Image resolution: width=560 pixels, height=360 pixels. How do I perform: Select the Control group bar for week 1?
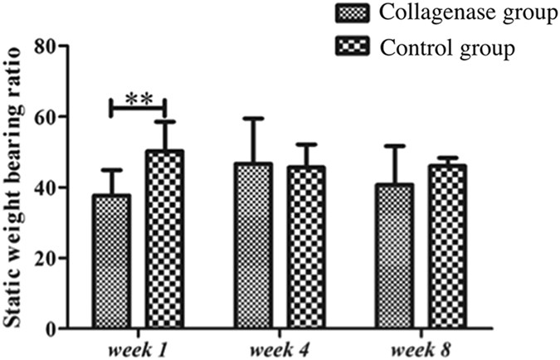pos(164,240)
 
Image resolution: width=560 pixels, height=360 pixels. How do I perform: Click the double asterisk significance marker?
pos(138,99)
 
